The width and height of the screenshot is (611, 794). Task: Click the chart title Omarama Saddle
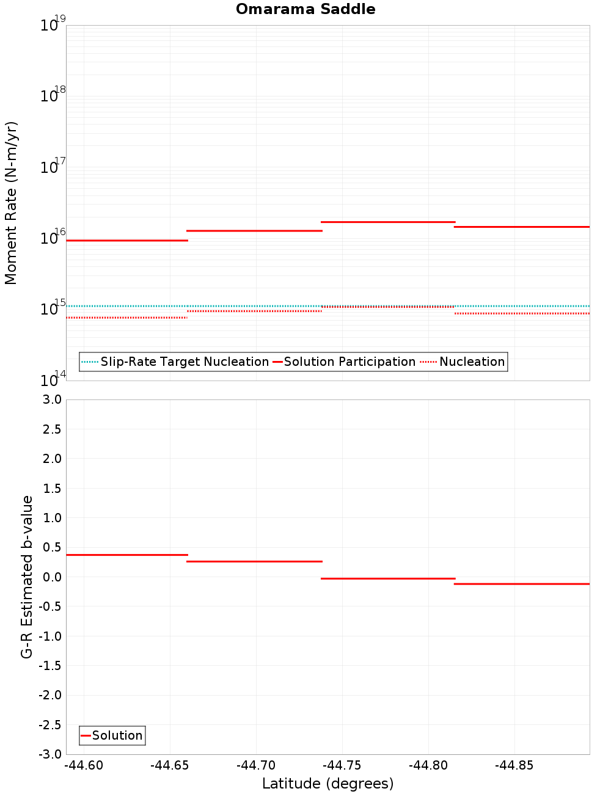point(305,9)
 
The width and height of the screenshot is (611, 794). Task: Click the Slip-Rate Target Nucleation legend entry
point(184,362)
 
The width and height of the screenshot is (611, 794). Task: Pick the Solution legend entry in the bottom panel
point(117,735)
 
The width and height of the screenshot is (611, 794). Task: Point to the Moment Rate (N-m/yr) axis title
point(11,203)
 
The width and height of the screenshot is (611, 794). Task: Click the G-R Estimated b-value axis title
point(27,577)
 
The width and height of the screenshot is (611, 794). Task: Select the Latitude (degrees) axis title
point(327,784)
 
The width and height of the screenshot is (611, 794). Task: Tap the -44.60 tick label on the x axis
point(84,765)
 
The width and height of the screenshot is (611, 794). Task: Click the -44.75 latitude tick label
point(342,765)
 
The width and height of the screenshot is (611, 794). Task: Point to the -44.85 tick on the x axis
point(514,765)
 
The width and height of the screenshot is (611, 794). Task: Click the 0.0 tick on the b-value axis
point(51,577)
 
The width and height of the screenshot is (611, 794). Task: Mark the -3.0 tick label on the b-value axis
point(49,754)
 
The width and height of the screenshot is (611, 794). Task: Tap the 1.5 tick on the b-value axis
point(51,488)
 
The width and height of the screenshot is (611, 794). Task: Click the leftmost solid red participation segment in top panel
point(126,241)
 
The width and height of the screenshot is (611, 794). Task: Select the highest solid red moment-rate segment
point(388,222)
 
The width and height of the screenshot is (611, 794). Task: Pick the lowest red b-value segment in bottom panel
point(522,584)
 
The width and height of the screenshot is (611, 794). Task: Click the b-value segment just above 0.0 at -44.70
point(254,561)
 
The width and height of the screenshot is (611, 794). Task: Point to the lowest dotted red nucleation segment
point(126,318)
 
